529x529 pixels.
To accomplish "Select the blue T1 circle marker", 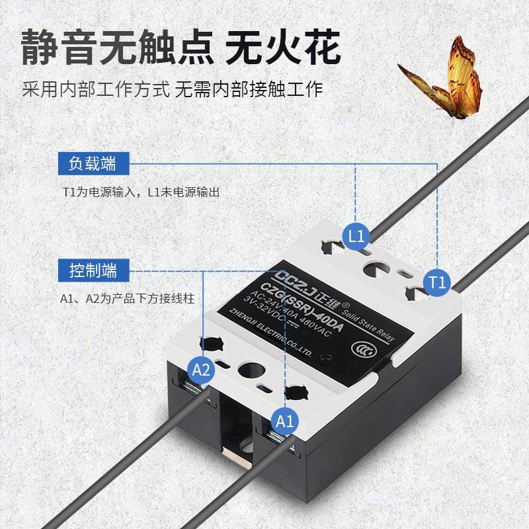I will point(436,282).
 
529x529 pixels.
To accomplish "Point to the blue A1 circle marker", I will point(284,420).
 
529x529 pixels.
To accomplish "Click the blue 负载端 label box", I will point(93,162).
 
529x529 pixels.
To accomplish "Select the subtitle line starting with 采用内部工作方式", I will point(172,89).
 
